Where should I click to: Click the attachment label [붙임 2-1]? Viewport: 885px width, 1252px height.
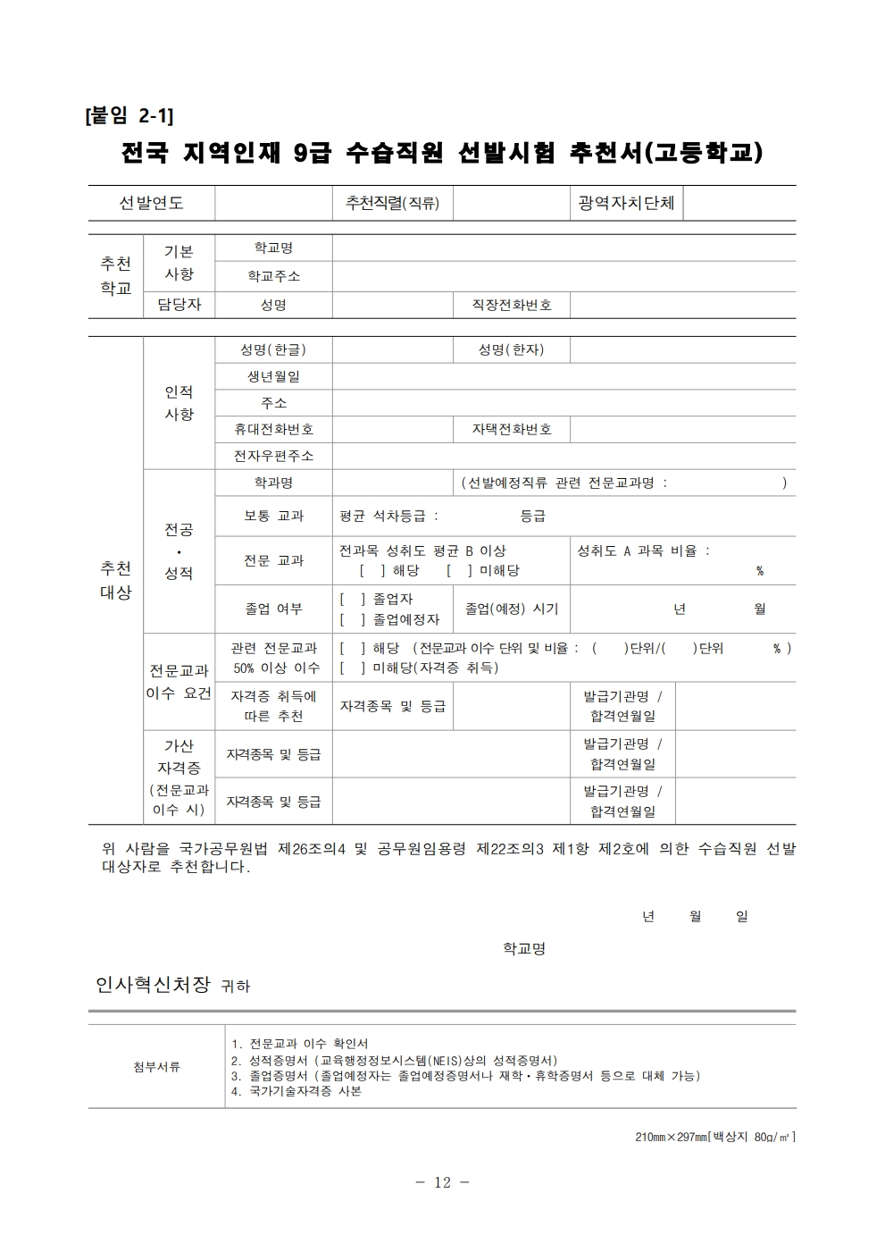click(129, 115)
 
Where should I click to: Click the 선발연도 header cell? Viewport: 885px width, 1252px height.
click(151, 204)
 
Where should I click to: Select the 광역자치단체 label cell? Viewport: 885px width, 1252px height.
click(626, 204)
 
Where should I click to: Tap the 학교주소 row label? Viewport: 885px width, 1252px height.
click(273, 276)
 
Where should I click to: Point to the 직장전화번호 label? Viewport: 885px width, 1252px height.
click(512, 305)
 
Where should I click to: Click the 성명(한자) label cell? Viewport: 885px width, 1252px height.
click(511, 349)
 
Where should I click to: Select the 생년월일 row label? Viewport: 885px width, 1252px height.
click(273, 376)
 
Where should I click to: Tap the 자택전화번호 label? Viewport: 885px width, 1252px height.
click(512, 429)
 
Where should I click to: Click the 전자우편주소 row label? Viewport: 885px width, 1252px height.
click(273, 456)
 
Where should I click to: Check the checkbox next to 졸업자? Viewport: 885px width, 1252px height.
click(352, 599)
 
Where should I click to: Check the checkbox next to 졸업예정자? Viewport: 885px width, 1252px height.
click(352, 619)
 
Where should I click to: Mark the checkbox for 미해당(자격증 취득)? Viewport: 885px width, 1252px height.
click(352, 668)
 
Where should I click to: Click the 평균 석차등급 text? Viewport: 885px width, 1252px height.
click(389, 516)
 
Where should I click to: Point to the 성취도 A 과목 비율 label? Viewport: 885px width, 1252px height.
click(643, 551)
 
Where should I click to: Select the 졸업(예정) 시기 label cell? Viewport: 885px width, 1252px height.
click(512, 609)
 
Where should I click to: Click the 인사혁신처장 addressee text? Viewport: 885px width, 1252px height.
click(153, 985)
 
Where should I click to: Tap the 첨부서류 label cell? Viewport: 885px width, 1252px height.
click(156, 1066)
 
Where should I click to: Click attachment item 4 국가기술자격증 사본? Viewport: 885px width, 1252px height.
click(296, 1091)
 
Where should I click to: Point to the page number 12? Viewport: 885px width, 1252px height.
click(442, 1182)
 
